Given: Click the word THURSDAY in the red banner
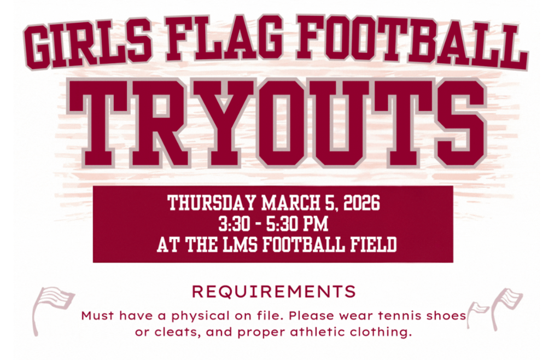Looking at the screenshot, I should click(211, 203).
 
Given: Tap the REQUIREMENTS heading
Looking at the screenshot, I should click(273, 291).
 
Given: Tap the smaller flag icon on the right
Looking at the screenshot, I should click(477, 312).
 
